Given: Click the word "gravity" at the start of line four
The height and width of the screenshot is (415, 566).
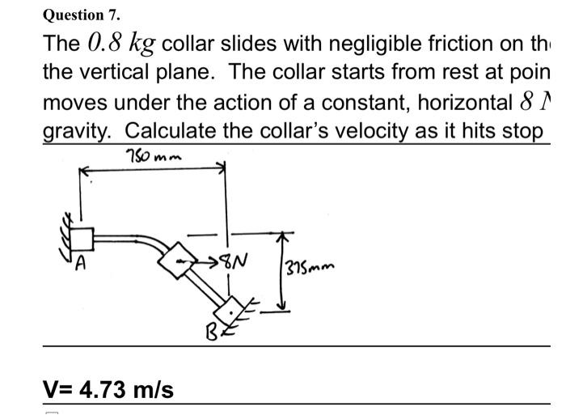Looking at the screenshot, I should (x=78, y=130).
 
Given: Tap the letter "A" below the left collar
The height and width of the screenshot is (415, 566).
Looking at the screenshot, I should (x=81, y=262).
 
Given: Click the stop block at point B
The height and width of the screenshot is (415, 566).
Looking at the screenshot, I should (x=231, y=307).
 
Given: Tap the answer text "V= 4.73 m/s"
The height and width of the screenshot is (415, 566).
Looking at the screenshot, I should (x=108, y=390).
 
